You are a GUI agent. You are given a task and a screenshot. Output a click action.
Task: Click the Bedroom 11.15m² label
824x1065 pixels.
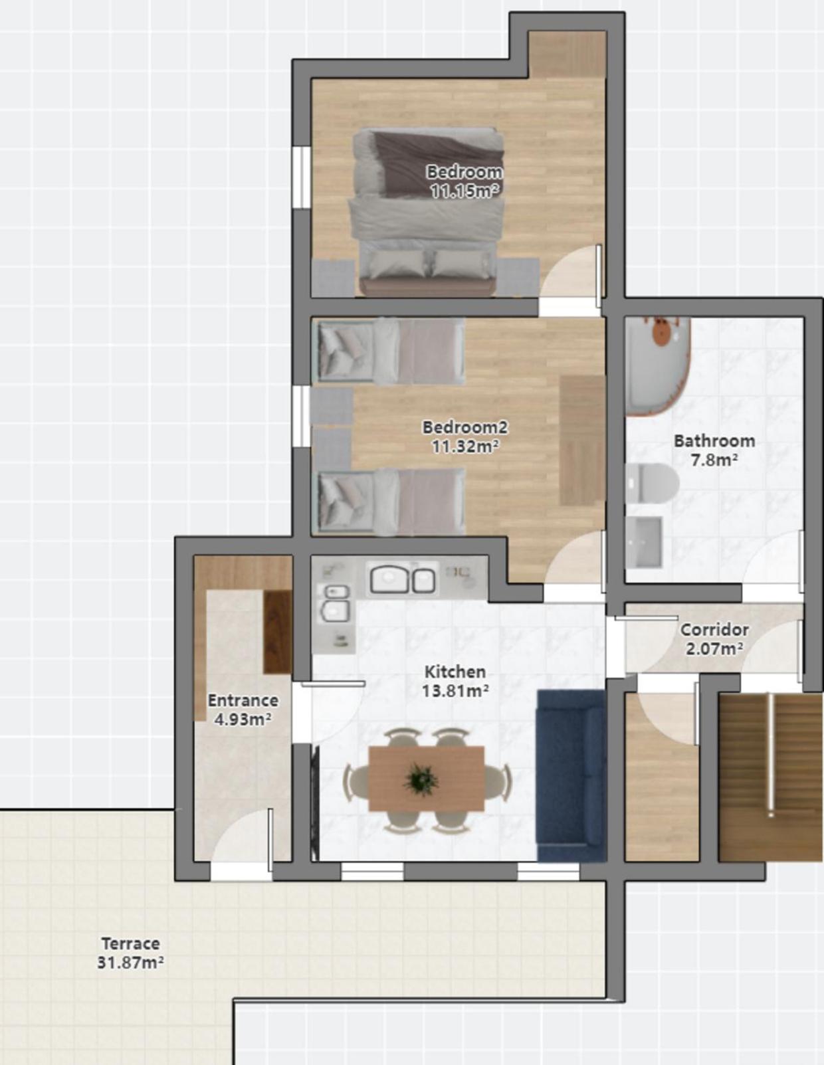point(464,181)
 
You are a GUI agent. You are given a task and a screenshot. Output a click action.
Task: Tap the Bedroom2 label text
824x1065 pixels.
point(465,427)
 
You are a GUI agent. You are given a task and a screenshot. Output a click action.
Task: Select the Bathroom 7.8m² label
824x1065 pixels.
point(714,450)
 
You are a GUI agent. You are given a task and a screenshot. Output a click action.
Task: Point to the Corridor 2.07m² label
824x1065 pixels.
point(714,639)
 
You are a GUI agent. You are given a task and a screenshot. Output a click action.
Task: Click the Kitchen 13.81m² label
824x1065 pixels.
point(455,681)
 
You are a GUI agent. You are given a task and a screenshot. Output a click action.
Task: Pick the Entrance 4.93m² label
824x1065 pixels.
point(243,710)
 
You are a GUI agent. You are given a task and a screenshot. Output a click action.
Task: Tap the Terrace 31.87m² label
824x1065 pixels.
point(130,953)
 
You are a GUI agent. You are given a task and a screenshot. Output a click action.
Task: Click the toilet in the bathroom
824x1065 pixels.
point(652,483)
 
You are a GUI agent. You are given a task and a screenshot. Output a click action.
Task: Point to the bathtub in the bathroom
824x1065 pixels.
point(657,367)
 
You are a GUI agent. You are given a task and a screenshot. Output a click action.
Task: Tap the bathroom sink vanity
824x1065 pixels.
point(644,542)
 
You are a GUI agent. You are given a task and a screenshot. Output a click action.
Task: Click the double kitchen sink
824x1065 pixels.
point(402,579)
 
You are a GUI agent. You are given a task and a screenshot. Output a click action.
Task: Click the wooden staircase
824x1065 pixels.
point(771,777)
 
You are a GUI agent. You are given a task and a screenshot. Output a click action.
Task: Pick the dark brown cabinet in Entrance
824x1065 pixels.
point(278,632)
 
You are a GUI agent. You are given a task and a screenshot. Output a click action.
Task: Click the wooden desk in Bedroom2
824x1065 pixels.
point(582,440)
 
